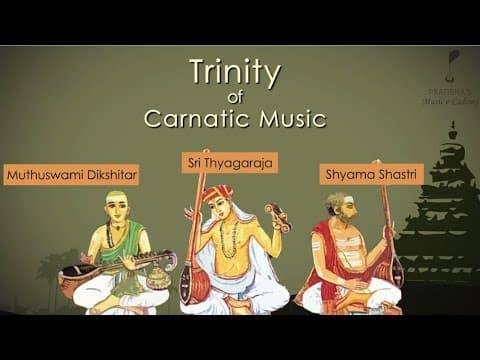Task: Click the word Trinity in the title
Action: (235, 72)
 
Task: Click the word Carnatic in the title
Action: (190, 119)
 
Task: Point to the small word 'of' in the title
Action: (235, 97)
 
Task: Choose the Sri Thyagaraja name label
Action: (229, 160)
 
